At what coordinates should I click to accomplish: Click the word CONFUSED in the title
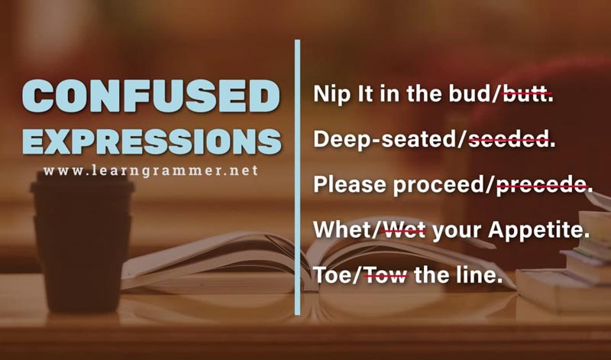tap(150, 96)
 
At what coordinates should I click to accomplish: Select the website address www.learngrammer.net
tap(150, 171)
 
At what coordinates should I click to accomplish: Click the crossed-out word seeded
tap(508, 139)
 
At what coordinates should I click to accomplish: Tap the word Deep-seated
tap(386, 139)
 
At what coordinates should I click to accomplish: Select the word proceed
tap(440, 185)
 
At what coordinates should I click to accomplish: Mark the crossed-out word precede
tap(541, 185)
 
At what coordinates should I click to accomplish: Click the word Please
tap(350, 184)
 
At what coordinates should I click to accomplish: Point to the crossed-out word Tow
tap(385, 275)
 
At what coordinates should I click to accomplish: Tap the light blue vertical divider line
tap(298, 177)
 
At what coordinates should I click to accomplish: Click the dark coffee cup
tap(82, 242)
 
